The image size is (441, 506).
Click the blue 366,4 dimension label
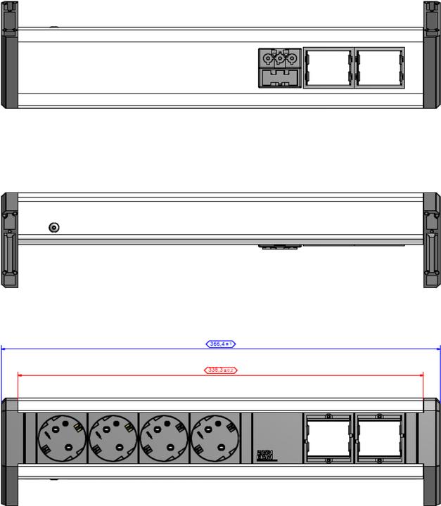click(220, 344)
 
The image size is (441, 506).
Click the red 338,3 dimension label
click(220, 370)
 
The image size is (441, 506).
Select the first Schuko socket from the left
click(60, 437)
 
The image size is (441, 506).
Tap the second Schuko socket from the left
click(113, 437)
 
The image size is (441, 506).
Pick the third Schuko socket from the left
click(165, 437)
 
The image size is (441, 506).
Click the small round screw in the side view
click(53, 227)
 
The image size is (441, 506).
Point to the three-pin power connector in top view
click(280, 58)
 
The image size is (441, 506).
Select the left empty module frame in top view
click(328, 67)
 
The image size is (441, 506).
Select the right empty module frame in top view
click(380, 67)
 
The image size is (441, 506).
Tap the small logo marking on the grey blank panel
click(265, 455)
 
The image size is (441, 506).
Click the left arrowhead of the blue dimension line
click(4, 348)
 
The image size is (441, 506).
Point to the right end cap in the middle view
click(431, 240)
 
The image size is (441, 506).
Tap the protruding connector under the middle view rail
click(279, 247)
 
